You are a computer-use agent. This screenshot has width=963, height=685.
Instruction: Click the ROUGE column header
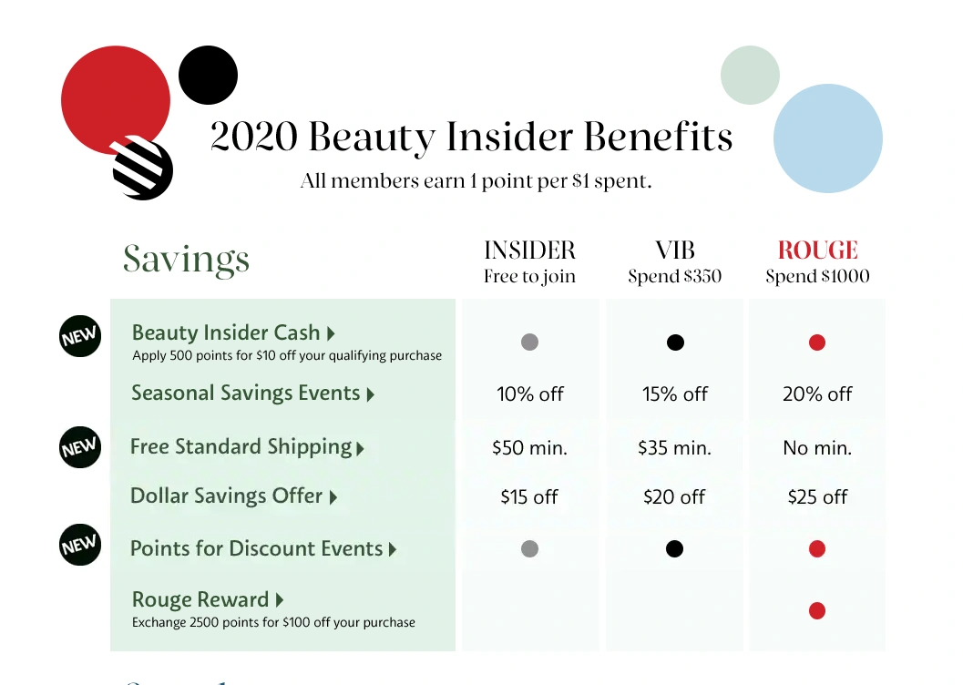pyautogui.click(x=817, y=250)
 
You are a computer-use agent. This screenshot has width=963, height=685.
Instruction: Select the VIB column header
pyautogui.click(x=674, y=250)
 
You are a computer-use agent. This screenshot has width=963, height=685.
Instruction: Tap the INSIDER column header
pyautogui.click(x=529, y=250)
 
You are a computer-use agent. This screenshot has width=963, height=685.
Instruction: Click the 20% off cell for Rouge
pyautogui.click(x=817, y=394)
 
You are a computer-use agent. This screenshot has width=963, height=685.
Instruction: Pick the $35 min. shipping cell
pyautogui.click(x=674, y=448)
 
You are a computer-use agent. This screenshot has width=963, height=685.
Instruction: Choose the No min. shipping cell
pyautogui.click(x=817, y=448)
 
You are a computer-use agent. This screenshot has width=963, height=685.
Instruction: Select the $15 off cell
pyautogui.click(x=529, y=496)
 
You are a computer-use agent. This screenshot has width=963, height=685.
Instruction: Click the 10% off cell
pyautogui.click(x=530, y=394)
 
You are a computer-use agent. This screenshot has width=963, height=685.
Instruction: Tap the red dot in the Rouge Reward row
pyautogui.click(x=817, y=610)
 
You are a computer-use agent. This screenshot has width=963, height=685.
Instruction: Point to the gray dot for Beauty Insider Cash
pyautogui.click(x=529, y=342)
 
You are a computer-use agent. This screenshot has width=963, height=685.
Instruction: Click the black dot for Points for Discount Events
pyautogui.click(x=674, y=548)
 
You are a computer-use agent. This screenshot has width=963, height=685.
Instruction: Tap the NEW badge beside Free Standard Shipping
pyautogui.click(x=80, y=447)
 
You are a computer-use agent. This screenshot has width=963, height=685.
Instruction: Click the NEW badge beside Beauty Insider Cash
pyautogui.click(x=80, y=336)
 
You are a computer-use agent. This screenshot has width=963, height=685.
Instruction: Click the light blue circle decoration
pyautogui.click(x=828, y=138)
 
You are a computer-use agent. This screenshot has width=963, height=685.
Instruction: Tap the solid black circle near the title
pyautogui.click(x=209, y=75)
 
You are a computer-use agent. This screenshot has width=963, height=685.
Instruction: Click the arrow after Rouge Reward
pyautogui.click(x=280, y=599)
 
